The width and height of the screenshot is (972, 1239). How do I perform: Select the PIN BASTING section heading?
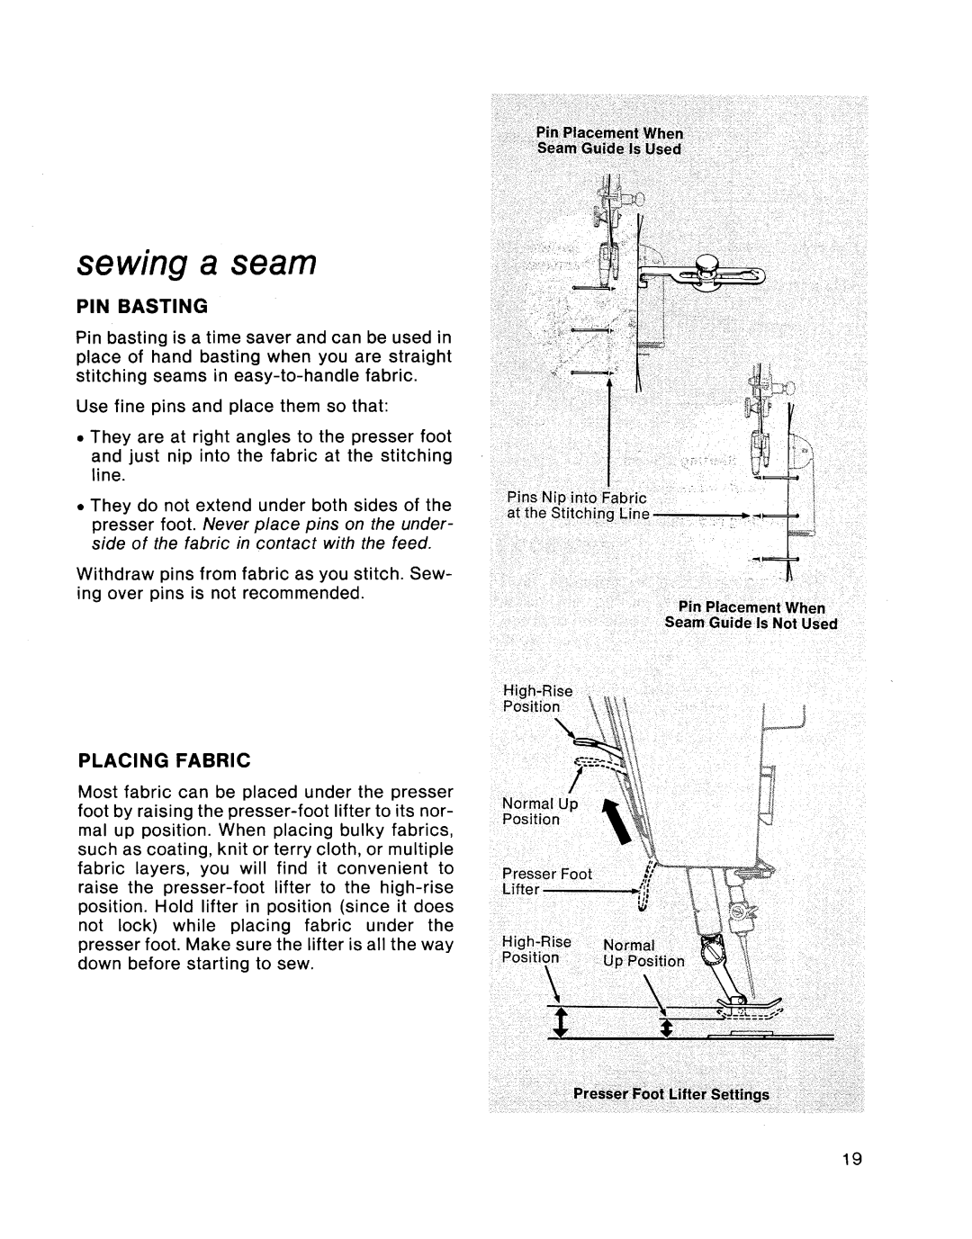[x=143, y=306]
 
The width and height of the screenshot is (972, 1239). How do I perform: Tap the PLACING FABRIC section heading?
[x=164, y=760]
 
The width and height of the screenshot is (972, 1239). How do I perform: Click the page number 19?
[x=853, y=1159]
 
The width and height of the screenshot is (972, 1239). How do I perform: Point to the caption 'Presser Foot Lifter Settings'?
[x=671, y=1095]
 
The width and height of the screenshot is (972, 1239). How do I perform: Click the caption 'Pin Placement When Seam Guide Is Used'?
[x=609, y=141]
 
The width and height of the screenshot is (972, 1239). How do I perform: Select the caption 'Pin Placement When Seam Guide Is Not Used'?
[x=751, y=615]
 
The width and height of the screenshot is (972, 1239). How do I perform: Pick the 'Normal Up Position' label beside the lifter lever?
[x=539, y=812]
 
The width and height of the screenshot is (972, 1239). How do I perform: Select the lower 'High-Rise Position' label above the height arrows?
[x=536, y=949]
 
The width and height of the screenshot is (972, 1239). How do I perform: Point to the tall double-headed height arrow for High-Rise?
[x=562, y=1024]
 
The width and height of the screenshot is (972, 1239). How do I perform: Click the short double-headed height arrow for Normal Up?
[x=666, y=1029]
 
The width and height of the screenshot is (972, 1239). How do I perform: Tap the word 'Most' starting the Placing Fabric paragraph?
[x=97, y=793]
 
